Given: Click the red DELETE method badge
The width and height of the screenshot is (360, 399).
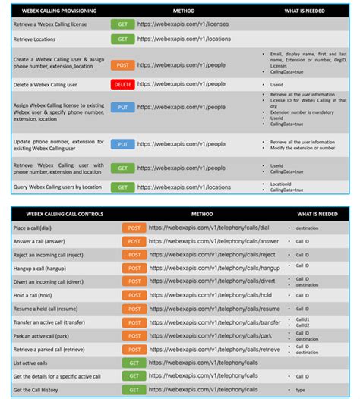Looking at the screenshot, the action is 122,84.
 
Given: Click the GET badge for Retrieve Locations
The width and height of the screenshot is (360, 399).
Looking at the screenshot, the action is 122,39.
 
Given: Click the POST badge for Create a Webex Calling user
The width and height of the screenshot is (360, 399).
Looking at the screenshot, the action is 122,64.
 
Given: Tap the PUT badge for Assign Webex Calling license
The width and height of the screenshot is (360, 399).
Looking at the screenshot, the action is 122,108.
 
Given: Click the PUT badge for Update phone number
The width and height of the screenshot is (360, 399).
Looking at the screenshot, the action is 122,143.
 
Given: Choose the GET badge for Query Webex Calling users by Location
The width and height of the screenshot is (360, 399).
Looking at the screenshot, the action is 122,187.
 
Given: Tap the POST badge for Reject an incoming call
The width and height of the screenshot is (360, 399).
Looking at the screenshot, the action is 134,255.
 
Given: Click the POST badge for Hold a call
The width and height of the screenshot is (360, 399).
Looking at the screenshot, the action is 134,295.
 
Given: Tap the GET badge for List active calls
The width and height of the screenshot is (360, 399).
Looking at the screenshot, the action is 134,363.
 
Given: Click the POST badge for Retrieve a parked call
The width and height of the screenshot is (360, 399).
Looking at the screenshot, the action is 134,349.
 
